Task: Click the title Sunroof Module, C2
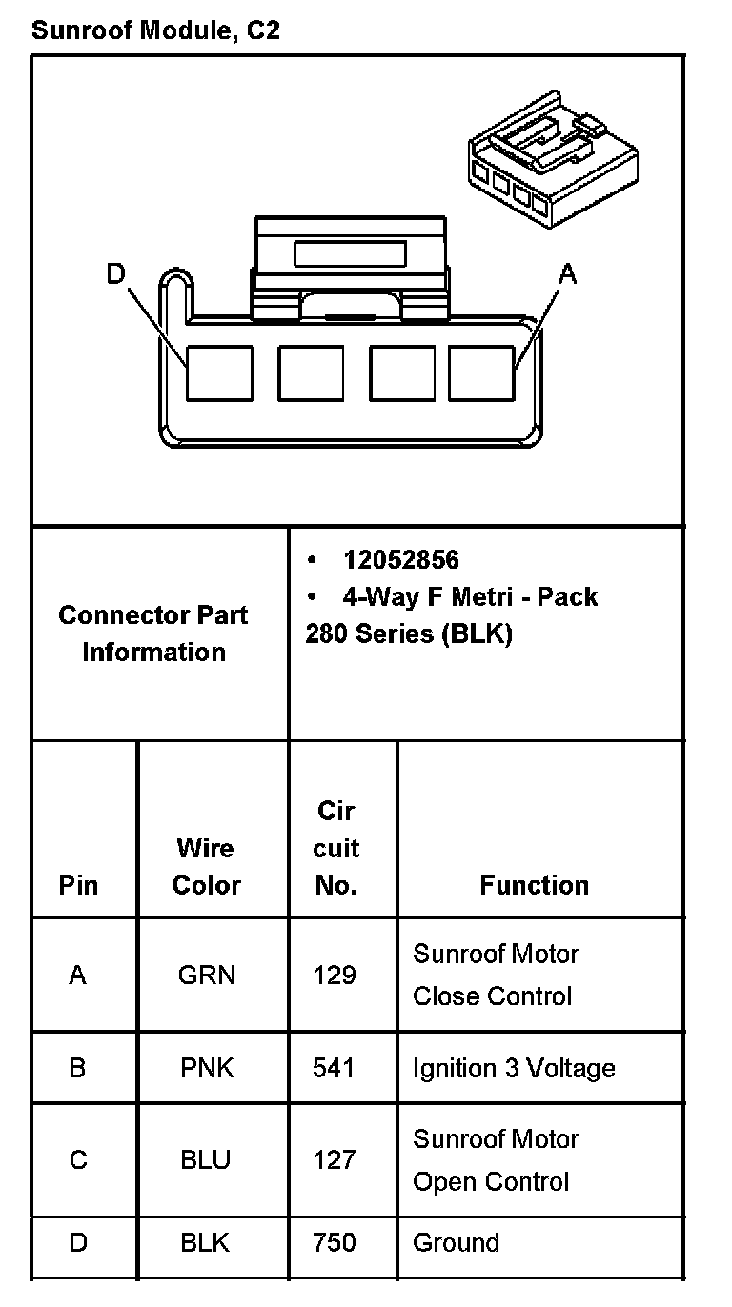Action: pos(155,30)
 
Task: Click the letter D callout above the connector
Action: pos(115,274)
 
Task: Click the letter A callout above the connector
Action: pos(567,274)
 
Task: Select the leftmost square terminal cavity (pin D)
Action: pos(219,373)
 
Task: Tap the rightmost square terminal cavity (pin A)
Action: pos(481,373)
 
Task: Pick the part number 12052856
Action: pos(400,560)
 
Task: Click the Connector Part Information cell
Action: pos(153,633)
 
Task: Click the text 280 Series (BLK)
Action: pos(409,634)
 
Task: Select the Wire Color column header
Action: pos(206,866)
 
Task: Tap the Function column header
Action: pos(534,885)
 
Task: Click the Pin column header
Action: pos(78,885)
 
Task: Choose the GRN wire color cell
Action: pos(206,975)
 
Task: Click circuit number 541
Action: pos(334,1067)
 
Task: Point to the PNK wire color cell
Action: pos(206,1067)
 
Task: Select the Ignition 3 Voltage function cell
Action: pos(514,1068)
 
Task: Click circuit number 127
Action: pos(334,1159)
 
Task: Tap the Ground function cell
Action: pos(456,1242)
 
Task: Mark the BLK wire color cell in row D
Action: pos(206,1242)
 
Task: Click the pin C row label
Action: pos(78,1159)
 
